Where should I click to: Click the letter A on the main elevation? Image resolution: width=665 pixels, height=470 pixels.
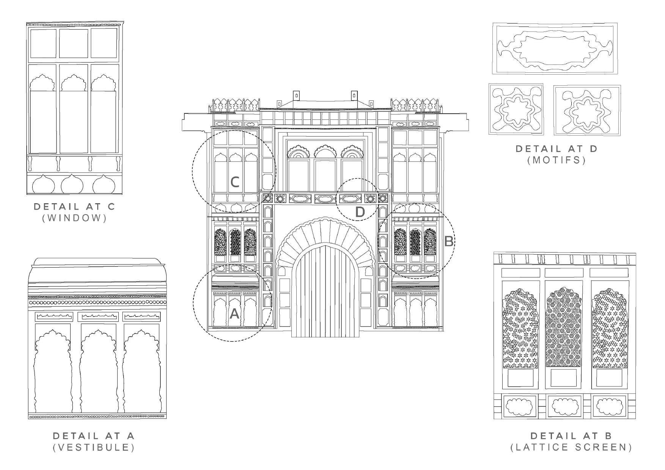[x=234, y=313]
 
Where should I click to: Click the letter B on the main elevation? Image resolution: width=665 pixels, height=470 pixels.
[x=448, y=241]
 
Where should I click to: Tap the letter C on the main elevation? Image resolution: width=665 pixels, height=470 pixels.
[x=235, y=182]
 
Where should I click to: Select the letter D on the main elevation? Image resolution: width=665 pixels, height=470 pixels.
[x=360, y=212]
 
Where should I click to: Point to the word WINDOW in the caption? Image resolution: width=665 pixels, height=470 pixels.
[x=74, y=218]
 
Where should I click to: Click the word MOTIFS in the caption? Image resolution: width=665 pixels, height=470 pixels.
[x=557, y=160]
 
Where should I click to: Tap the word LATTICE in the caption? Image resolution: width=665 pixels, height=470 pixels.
[x=539, y=447]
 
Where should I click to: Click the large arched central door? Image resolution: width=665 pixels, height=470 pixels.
[x=325, y=292]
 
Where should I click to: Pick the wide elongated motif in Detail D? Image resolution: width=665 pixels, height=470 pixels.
[x=555, y=49]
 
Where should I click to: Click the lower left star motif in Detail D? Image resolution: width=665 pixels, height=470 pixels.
[x=516, y=109]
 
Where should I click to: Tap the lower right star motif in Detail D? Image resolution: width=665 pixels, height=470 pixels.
[x=587, y=110]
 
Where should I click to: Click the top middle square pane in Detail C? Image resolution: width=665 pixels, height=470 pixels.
[x=73, y=43]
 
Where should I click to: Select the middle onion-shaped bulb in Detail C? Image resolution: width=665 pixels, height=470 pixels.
[x=72, y=185]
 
